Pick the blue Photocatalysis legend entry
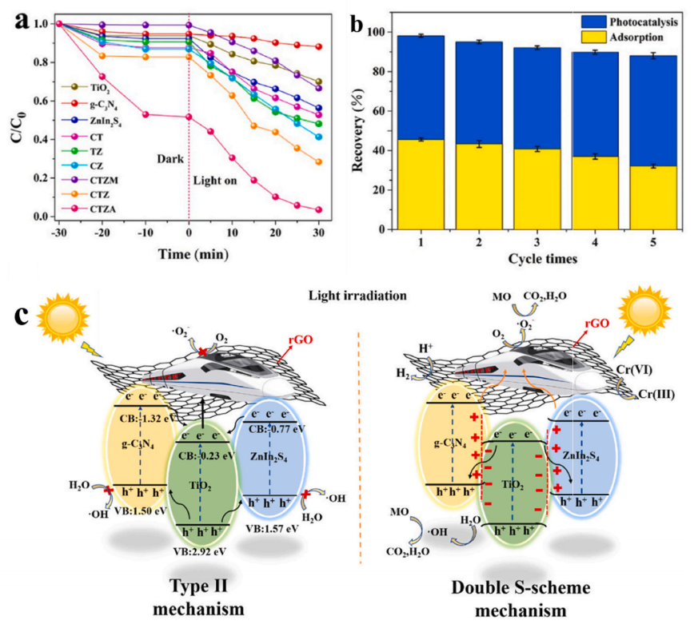coord(621,22)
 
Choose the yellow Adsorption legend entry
coord(621,37)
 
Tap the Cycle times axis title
coord(533,260)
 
